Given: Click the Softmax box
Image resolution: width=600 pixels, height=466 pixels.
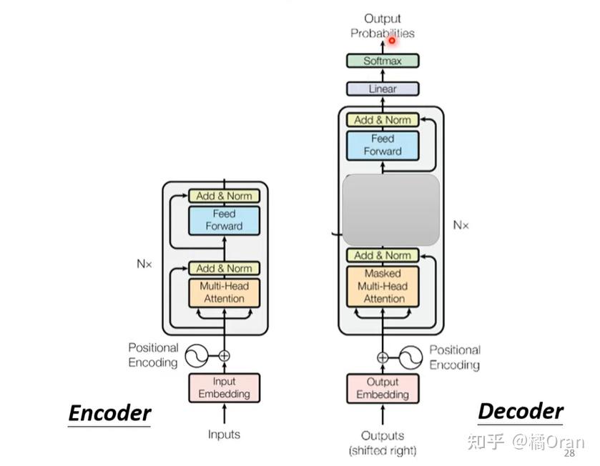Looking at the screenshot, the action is click(383, 61).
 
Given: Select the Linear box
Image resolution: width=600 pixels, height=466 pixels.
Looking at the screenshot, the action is click(383, 89).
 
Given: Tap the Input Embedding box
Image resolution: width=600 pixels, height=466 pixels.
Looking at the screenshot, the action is click(225, 387).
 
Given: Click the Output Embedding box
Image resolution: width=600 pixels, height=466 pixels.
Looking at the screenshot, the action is click(383, 388).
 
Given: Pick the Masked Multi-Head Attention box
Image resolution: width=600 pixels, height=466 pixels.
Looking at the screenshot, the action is click(383, 287).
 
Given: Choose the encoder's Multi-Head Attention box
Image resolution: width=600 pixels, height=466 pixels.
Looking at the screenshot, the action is click(225, 293).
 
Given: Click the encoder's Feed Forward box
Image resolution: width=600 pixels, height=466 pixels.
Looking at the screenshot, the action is click(225, 221).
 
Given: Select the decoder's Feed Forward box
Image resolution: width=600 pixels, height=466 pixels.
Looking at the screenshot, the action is click(383, 145).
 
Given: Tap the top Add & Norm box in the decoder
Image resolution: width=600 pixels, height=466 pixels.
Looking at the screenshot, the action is click(383, 120).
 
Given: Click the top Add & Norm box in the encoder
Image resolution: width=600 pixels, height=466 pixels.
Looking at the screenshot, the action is click(225, 196).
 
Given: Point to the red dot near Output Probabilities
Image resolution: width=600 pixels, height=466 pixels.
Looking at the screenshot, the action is click(392, 40).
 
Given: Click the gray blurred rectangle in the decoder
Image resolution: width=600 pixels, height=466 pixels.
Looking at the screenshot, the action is click(390, 210).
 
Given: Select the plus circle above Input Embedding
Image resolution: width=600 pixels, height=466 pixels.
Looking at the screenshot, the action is click(225, 356).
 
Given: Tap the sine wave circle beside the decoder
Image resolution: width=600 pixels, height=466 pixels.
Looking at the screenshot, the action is click(410, 357).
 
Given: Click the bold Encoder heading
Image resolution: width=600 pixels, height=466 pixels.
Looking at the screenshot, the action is click(110, 413).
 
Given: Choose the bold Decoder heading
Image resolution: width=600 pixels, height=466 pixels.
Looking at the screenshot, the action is click(521, 412).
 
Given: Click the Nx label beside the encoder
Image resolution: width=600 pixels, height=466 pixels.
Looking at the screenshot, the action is click(144, 264).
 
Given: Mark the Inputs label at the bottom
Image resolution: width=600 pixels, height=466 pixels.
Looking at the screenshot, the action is click(225, 435).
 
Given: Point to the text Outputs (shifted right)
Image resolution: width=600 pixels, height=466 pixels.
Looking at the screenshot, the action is click(383, 443).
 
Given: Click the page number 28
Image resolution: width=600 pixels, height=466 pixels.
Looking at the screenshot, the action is click(569, 453).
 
